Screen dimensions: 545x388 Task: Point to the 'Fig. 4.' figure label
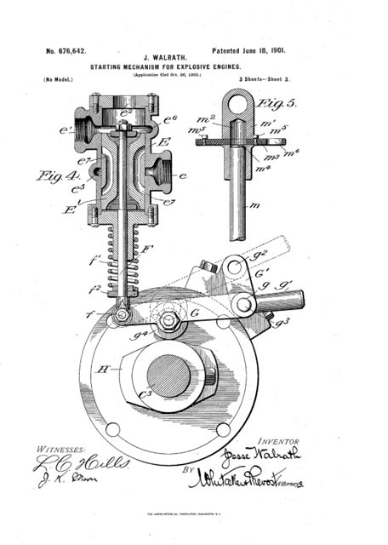click(x=55, y=176)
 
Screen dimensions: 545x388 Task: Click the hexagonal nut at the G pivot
click(x=168, y=322)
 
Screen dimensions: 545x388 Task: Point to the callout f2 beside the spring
click(x=95, y=288)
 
